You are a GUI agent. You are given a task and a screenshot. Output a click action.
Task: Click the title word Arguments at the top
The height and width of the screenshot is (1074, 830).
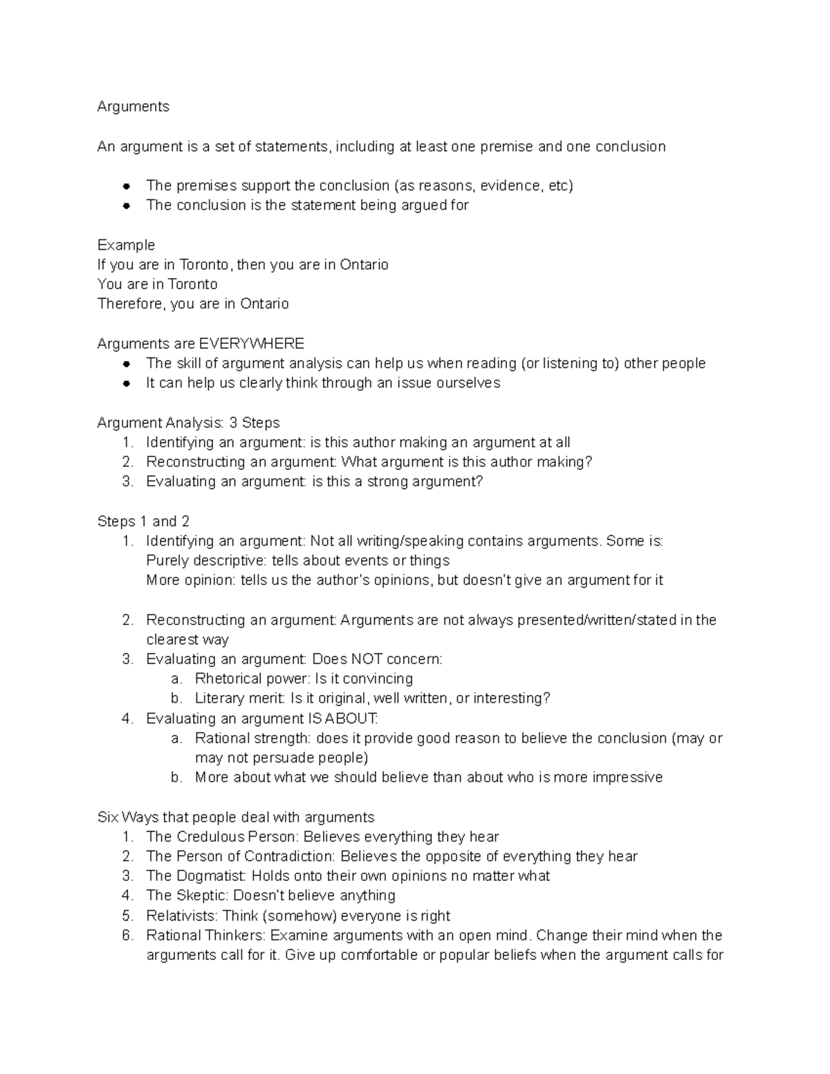(133, 107)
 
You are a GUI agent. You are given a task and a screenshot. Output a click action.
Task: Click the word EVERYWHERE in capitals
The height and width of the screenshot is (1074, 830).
(251, 344)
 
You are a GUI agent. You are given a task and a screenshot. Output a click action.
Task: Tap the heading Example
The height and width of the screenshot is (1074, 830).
(126, 245)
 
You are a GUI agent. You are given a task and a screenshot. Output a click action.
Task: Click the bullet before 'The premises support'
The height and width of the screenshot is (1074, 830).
(127, 186)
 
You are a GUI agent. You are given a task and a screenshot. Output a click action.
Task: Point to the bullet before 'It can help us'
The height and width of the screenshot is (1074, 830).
(127, 383)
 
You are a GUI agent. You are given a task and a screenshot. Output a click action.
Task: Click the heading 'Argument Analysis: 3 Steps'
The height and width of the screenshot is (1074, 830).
(188, 423)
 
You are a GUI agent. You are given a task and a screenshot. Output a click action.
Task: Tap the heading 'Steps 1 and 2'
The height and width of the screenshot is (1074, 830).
(143, 521)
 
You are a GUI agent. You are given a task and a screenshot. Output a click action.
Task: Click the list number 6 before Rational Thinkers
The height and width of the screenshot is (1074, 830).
(127, 936)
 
